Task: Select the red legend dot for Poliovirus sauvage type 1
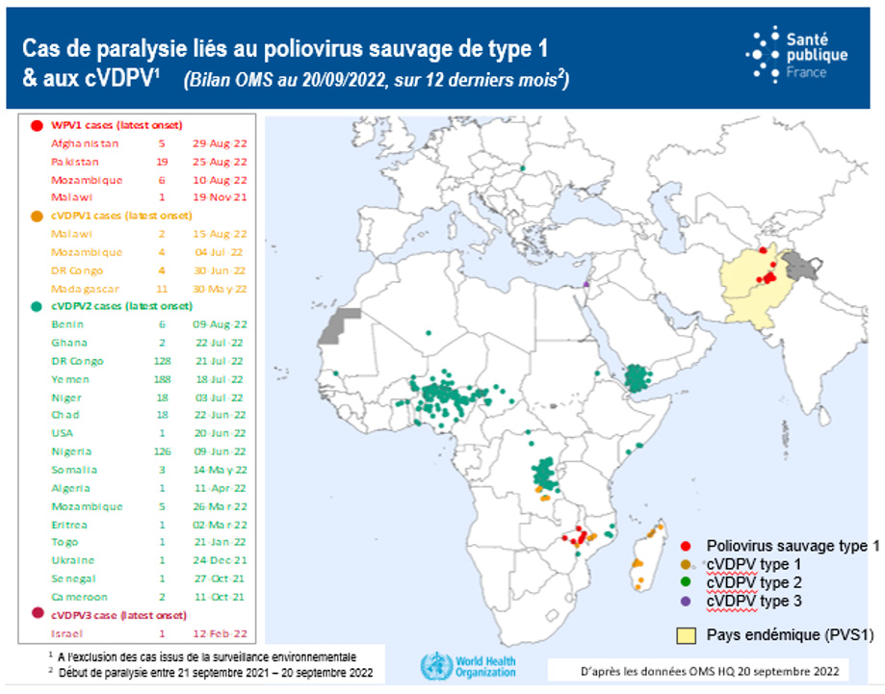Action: pos(684,546)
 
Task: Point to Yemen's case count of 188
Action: pos(161,379)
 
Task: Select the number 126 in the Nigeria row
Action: pos(161,451)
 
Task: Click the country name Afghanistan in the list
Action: pos(85,143)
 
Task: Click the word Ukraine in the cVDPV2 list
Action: pos(72,559)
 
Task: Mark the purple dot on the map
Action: pos(586,283)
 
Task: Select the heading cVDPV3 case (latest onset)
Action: pos(116,614)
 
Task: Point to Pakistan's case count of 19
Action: pos(162,162)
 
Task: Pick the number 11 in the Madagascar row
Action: pos(161,289)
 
